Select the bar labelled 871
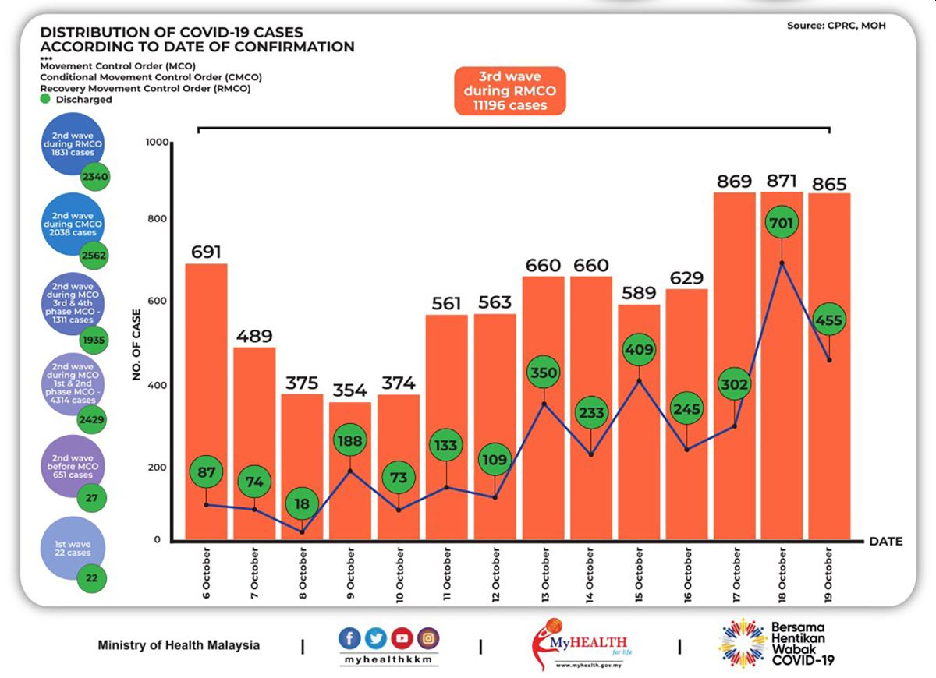pos(781,366)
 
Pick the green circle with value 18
pos(302,503)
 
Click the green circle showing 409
pos(640,350)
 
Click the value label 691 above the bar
pos(206,252)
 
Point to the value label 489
pos(254,336)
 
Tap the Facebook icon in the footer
pos(349,638)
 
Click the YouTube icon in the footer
pos(402,638)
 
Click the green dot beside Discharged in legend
pos(46,99)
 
